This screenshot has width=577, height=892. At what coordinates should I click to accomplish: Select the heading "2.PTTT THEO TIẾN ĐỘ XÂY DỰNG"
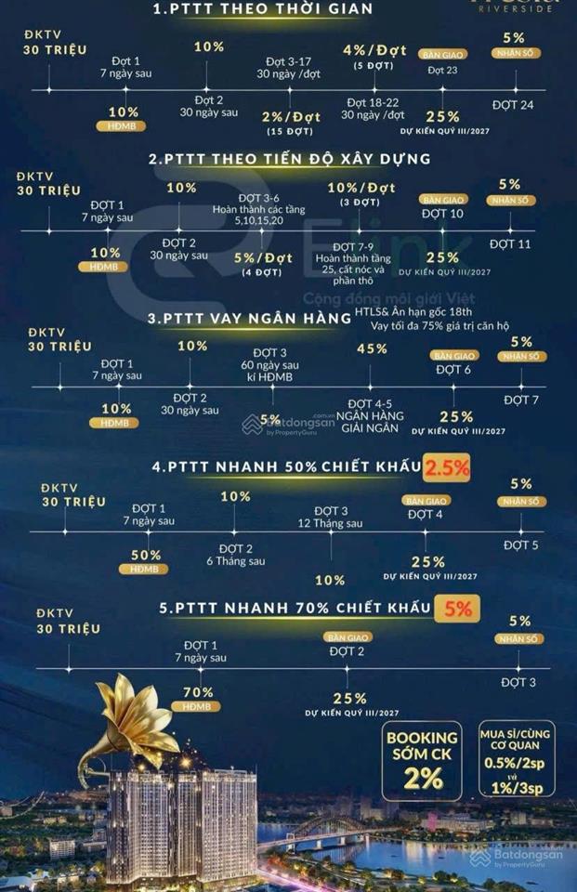[x=289, y=159]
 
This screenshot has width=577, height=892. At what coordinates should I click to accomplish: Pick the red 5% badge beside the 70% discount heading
[x=457, y=609]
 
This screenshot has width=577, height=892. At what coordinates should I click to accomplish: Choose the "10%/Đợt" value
[x=361, y=188]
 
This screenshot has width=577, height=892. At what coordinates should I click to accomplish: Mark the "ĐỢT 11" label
[x=510, y=243]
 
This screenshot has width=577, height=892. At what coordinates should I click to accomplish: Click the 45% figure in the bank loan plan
[x=372, y=348]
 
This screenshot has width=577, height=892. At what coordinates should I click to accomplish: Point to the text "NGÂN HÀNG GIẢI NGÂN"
[x=376, y=423]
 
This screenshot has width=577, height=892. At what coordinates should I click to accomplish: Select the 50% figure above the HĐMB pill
[x=146, y=555]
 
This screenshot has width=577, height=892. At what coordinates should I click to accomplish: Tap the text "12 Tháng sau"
[x=331, y=524]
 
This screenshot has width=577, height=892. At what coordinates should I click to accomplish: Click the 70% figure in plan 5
[x=198, y=692]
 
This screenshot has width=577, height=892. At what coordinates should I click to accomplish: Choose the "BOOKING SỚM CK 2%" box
[x=423, y=758]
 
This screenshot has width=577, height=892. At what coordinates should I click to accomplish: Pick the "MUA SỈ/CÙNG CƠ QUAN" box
[x=518, y=758]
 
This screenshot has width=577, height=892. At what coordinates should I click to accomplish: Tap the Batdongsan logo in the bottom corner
[x=517, y=859]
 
